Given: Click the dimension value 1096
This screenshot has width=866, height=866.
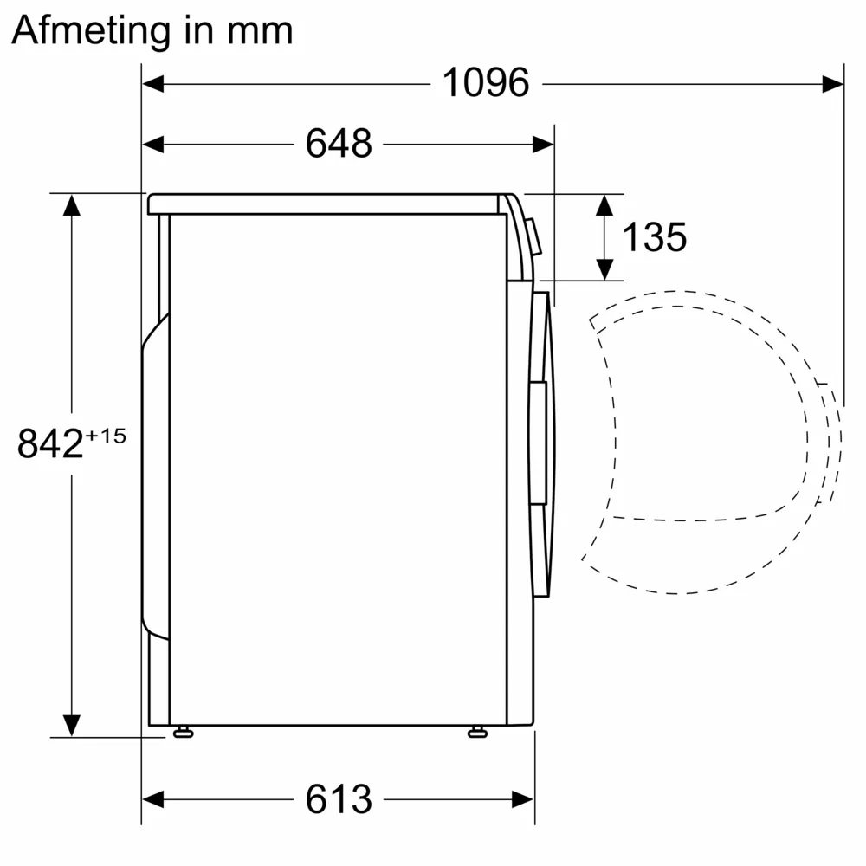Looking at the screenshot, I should (x=485, y=83).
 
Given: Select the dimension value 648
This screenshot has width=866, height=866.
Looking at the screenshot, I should (x=339, y=144).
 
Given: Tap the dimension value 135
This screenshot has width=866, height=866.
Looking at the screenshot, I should (x=655, y=236).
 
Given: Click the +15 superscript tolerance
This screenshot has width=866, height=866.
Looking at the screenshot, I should (x=106, y=435).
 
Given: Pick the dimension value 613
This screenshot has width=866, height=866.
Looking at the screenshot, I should (x=339, y=798).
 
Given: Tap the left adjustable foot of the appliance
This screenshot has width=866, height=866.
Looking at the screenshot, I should (x=183, y=733).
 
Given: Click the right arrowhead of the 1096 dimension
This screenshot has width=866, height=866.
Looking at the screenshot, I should (x=833, y=83).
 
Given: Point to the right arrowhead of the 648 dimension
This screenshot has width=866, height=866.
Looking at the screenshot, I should (x=543, y=144).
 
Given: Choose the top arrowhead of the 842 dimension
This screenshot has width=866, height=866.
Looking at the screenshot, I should (x=71, y=205).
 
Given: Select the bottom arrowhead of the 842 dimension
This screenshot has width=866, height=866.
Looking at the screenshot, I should (x=71, y=725).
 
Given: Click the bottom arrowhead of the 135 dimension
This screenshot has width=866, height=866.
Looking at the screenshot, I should (x=604, y=269).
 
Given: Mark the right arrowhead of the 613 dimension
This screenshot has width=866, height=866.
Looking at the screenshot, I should (x=523, y=798).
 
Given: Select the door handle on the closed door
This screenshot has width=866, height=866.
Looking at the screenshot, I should (x=538, y=442).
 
